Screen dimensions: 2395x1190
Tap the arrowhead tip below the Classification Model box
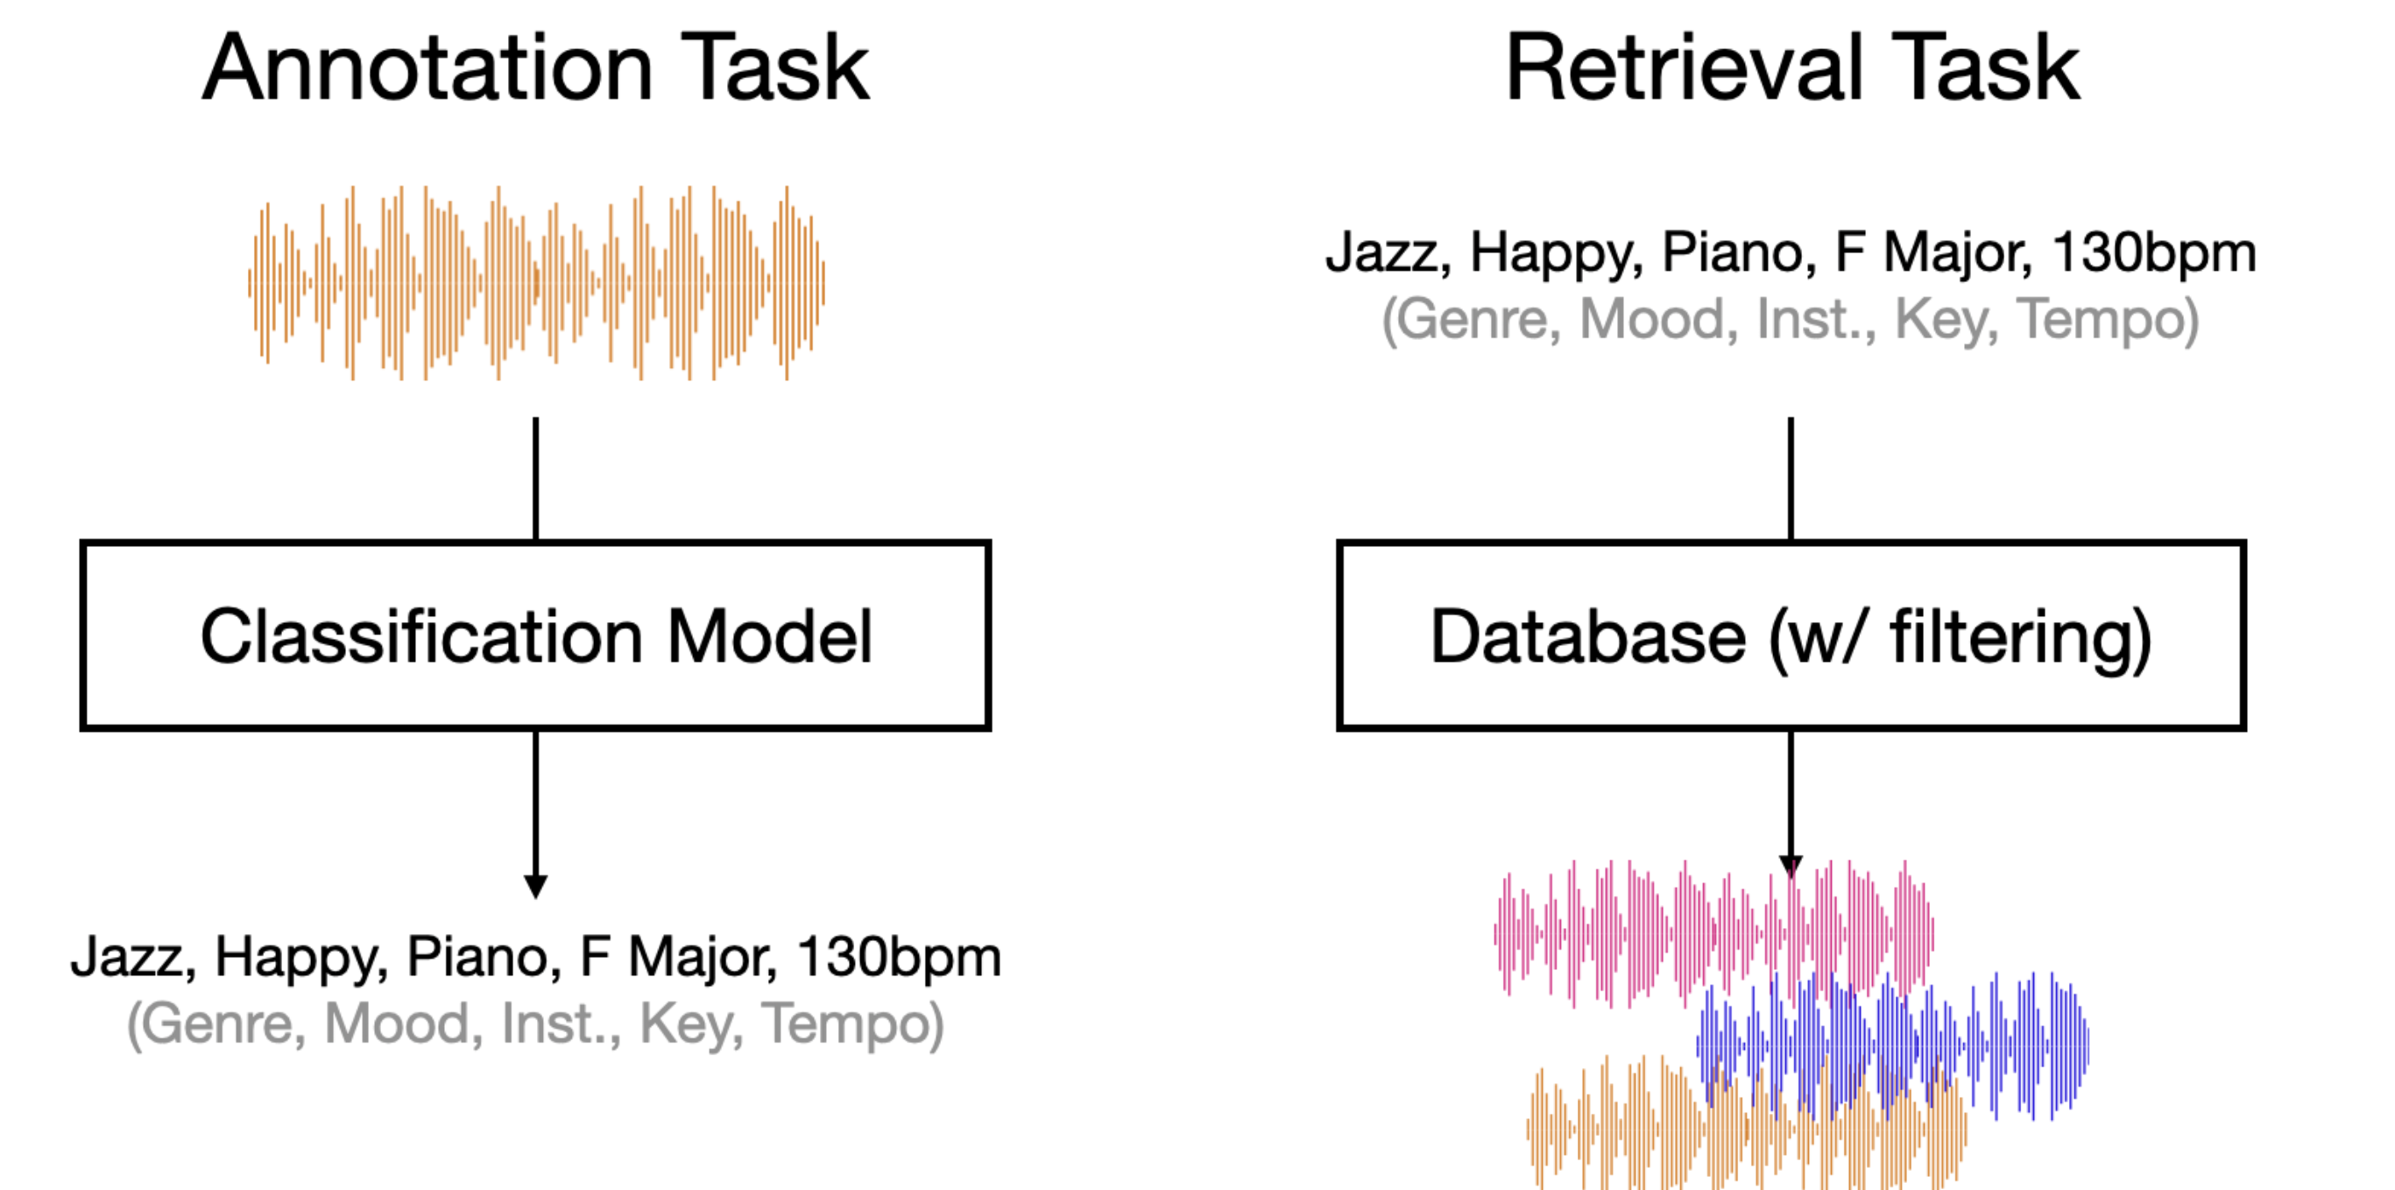[x=535, y=899]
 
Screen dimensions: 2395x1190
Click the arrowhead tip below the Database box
[x=1791, y=879]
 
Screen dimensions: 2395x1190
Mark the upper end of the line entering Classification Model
[x=535, y=417]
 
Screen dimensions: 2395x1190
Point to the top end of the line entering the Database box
[x=1791, y=417]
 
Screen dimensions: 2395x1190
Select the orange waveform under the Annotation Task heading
[x=536, y=283]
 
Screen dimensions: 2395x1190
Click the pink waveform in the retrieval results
[x=1713, y=934]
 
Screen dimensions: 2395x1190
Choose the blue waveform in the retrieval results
[x=1893, y=1046]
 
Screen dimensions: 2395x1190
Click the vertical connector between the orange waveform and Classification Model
[x=535, y=478]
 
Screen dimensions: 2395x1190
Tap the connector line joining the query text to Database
[x=1791, y=478]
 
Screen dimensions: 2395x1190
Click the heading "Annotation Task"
[x=535, y=67]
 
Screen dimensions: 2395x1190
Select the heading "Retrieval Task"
[x=1792, y=67]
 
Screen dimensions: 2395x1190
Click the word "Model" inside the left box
[x=770, y=637]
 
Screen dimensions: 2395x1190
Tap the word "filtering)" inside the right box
[x=2021, y=639]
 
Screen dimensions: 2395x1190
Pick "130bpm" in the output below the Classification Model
[x=899, y=958]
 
